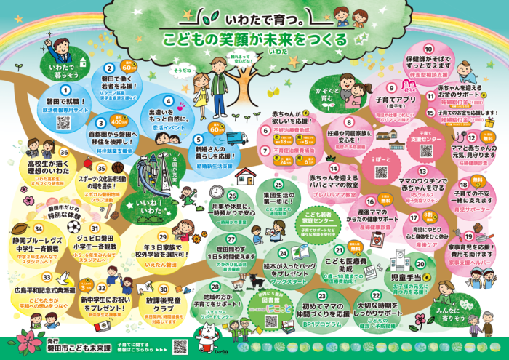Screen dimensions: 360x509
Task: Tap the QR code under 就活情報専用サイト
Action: tap(63, 122)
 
